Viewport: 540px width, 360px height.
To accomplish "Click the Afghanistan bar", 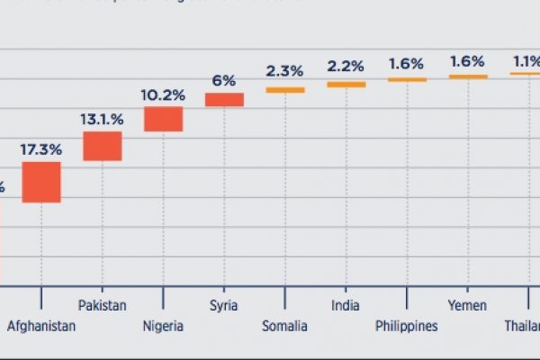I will tap(41, 182).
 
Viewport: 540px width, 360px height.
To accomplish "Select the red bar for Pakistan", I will tap(103, 146).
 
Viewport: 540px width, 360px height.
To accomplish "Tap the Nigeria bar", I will tap(164, 119).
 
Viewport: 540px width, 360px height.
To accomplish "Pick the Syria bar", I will tap(224, 100).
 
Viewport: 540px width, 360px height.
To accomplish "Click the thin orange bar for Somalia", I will tap(285, 90).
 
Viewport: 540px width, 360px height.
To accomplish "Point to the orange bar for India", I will tap(346, 85).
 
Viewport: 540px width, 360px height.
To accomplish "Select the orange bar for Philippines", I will tap(407, 80).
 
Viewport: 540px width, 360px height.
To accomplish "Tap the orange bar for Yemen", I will tap(468, 76).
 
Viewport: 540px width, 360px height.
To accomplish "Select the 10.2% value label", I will tap(164, 93).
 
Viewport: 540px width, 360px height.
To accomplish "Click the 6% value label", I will tap(224, 79).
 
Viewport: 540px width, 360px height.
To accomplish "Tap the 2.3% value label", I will tap(285, 69).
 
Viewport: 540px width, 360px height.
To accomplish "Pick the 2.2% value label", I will tap(346, 66).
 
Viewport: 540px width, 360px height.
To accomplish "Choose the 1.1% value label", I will tap(526, 62).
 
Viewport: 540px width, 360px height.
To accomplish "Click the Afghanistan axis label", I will tap(41, 327).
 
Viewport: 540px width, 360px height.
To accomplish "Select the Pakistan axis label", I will tap(103, 306).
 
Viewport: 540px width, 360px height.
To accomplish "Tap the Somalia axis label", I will tap(285, 327).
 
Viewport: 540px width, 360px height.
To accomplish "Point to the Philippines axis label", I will tap(407, 327).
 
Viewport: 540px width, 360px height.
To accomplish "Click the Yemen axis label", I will tap(468, 306).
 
